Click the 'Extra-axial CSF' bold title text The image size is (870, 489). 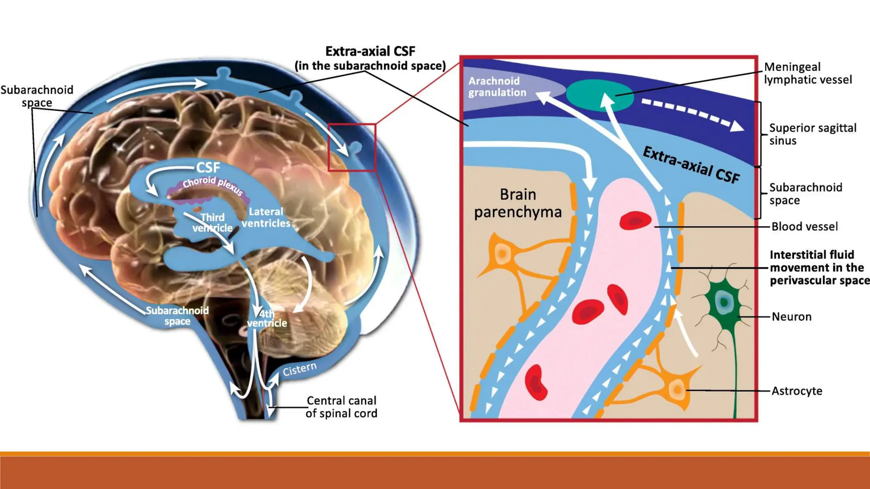tap(370, 51)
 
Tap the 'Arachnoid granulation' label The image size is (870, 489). tap(497, 87)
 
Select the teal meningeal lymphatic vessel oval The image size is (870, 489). tap(599, 96)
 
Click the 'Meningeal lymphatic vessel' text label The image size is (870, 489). tap(808, 73)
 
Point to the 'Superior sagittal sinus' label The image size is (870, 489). tap(813, 134)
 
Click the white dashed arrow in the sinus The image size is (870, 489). tap(692, 113)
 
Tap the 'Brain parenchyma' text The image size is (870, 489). tap(518, 203)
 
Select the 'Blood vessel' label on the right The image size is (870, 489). tap(805, 227)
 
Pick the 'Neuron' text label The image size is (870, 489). tap(791, 317)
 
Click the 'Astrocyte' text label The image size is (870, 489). tap(797, 391)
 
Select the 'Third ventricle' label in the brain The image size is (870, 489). tap(212, 223)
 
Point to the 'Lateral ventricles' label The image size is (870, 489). tap(266, 217)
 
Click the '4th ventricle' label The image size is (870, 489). tap(267, 318)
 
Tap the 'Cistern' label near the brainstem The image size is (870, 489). tap(299, 369)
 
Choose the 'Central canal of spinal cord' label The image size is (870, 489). tap(342, 407)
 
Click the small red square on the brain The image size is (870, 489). tap(352, 147)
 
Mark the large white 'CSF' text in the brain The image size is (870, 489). tap(208, 168)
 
